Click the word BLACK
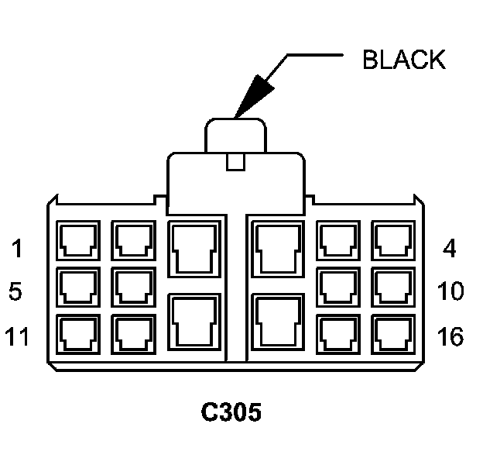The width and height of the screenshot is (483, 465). [403, 60]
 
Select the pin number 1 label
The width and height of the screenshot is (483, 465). [17, 250]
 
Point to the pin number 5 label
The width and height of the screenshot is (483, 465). [16, 293]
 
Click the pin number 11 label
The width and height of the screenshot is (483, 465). [17, 338]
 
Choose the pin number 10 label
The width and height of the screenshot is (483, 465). [450, 293]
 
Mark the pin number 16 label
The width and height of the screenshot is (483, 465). [450, 338]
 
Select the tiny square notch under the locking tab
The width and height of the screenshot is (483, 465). [234, 163]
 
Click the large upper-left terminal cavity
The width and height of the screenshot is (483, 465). [194, 247]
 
